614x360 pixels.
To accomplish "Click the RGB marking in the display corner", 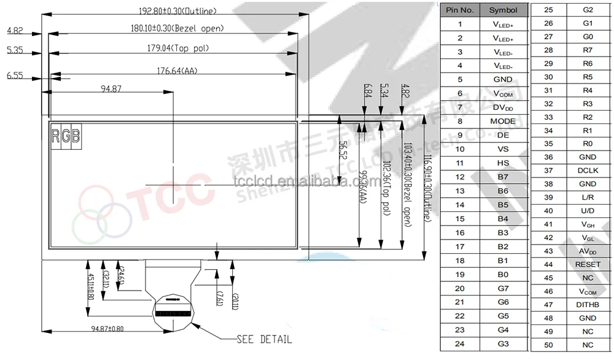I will (x=66, y=136).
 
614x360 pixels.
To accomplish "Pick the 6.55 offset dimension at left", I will (x=15, y=75).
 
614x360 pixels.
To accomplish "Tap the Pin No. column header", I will (x=459, y=10).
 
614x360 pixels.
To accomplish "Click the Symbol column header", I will (x=503, y=10).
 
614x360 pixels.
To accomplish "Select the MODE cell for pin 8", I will (x=503, y=121).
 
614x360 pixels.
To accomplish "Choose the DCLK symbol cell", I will (x=588, y=170).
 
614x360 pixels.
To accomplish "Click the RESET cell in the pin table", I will (x=588, y=264).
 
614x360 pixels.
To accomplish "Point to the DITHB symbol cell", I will (x=588, y=305).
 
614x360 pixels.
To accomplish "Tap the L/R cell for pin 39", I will (x=588, y=197).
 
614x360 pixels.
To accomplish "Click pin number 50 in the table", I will (x=548, y=345).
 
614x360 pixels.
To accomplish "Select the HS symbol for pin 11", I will (x=503, y=163).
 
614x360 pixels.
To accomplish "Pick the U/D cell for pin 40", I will (x=588, y=211).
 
